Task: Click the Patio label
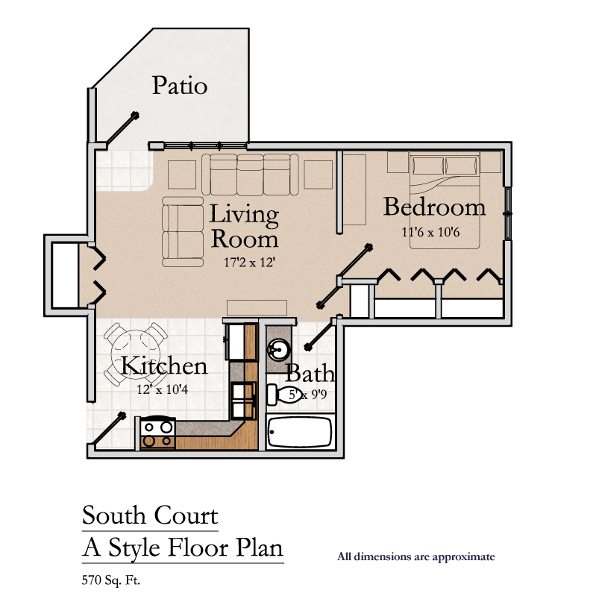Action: coord(180,85)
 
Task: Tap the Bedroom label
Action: coord(434,207)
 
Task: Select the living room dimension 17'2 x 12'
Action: coord(249,262)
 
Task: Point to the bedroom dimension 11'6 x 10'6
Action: coord(430,232)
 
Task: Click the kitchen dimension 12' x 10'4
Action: coord(163,389)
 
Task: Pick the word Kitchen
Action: coord(164,366)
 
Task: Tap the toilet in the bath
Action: coord(285,395)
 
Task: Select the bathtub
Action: coord(300,432)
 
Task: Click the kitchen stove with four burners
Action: coord(158,433)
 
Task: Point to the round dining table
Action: coord(136,354)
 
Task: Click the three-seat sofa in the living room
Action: coord(250,175)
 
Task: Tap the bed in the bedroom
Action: coord(445,200)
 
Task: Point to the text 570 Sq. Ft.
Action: coord(111,580)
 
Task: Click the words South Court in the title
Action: coord(150,515)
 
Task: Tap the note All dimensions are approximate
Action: coord(415,556)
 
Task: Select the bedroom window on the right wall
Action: coord(508,213)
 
